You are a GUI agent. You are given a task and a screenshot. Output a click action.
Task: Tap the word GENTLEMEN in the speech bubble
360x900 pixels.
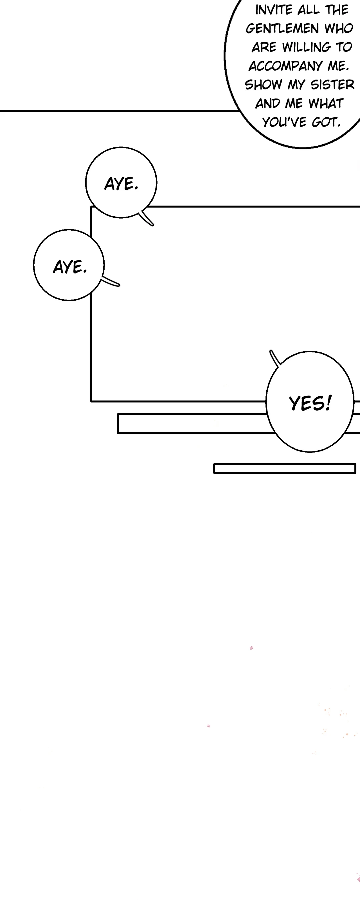[282, 29]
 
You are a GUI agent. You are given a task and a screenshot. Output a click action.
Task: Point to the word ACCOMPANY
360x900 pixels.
[286, 66]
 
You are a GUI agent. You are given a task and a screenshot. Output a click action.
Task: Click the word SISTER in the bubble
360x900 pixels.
[332, 85]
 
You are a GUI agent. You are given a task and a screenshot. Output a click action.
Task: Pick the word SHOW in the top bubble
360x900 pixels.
[264, 85]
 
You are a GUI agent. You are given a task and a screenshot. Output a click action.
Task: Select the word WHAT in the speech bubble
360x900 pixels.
[326, 103]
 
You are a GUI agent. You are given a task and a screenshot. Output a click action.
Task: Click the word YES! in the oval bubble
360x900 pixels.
[310, 403]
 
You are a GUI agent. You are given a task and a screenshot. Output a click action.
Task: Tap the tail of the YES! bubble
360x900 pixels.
[274, 358]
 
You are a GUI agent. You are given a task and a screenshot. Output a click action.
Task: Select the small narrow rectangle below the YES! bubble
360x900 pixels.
[285, 469]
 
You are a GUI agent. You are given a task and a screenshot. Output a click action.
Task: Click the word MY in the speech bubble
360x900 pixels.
[296, 85]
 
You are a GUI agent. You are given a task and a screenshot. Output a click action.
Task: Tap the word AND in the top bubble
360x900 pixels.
[268, 103]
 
